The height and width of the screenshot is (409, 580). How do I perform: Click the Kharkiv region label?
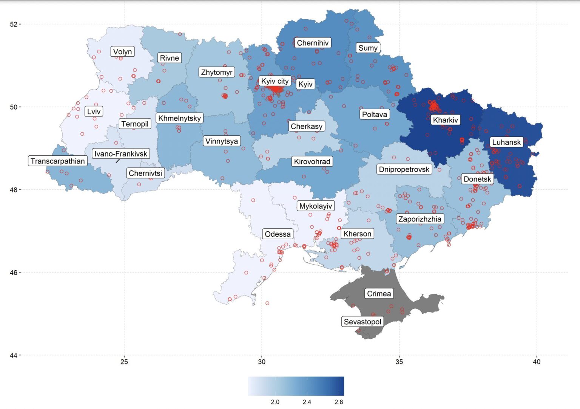tap(445, 120)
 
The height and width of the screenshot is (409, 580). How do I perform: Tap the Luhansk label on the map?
tap(506, 142)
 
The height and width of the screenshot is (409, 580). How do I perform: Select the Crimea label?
tap(379, 294)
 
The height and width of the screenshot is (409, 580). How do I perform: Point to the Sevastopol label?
tap(362, 322)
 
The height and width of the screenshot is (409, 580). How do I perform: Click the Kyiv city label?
tap(275, 81)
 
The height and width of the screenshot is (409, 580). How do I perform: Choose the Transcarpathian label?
tap(58, 161)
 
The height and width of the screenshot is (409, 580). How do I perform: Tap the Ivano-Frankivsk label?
tap(121, 153)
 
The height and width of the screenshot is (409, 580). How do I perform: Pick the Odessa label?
tap(278, 234)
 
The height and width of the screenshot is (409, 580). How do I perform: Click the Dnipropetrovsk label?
tap(404, 169)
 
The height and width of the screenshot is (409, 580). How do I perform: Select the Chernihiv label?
tap(313, 43)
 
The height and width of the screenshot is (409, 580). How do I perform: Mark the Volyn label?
tap(122, 51)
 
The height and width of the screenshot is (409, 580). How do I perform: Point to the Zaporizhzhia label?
tap(420, 219)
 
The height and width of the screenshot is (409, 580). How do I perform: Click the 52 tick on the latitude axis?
tap(14, 24)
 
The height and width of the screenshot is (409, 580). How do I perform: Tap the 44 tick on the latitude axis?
tap(14, 355)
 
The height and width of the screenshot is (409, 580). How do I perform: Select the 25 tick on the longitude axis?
tap(124, 362)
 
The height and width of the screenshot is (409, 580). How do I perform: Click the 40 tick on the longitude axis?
tap(537, 362)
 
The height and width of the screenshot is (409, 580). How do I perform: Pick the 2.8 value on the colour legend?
tap(339, 402)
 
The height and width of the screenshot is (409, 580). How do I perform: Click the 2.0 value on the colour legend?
tap(275, 402)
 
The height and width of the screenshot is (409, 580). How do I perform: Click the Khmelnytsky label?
tap(179, 118)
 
